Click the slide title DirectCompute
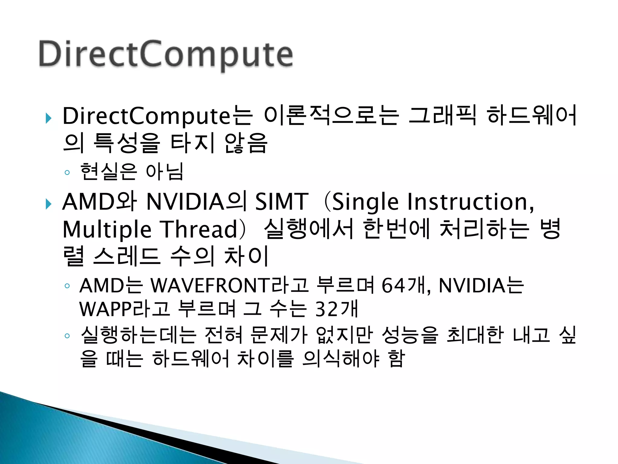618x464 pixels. click(x=166, y=54)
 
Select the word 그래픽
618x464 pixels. click(x=443, y=116)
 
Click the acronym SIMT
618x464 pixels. click(x=282, y=202)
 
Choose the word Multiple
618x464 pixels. click(x=107, y=230)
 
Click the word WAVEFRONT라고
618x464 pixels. click(x=229, y=285)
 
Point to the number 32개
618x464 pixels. click(x=336, y=309)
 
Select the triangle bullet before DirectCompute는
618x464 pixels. click(x=48, y=118)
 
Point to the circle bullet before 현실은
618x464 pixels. click(x=67, y=173)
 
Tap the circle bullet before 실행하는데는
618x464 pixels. click(x=67, y=336)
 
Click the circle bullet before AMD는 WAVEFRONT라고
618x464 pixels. click(x=67, y=286)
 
